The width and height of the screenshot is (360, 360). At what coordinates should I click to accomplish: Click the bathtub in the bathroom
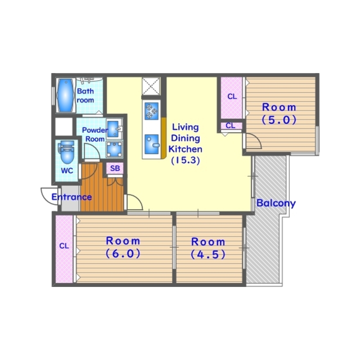point(66,95)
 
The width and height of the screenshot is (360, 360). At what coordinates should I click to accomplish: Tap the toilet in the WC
point(67,152)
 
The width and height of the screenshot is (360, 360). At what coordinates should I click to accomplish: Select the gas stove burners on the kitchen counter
point(151,111)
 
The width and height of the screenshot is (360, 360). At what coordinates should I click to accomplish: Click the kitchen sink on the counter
point(152,144)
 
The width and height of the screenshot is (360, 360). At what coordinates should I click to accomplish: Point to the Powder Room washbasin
point(114,129)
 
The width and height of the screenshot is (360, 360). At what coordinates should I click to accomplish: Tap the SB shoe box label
point(115,168)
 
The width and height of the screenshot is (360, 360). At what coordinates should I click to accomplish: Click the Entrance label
point(72,197)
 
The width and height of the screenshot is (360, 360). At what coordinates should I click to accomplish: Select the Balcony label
point(276,203)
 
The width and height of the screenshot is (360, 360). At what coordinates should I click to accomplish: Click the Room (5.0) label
point(279,113)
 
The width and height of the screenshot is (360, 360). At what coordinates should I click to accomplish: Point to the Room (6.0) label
point(123,247)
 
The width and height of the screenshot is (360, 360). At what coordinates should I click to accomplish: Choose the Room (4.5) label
point(208,248)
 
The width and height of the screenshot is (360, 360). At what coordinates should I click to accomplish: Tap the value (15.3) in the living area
point(185,160)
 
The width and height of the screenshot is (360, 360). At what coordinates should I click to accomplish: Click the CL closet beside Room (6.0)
point(64,249)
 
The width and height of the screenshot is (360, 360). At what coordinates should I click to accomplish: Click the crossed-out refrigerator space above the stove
point(151,86)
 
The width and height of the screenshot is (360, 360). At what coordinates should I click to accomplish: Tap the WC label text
point(67,171)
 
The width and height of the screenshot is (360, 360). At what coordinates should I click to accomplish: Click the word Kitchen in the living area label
point(185,149)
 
